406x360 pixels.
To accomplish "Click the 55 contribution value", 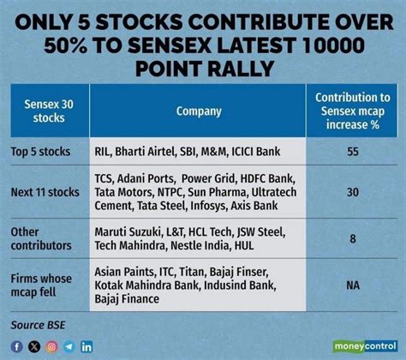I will tap(353, 151).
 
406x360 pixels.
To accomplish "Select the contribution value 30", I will tap(353, 194).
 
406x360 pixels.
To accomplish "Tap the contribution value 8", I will tap(353, 240).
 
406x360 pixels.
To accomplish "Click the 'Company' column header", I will tap(198, 111).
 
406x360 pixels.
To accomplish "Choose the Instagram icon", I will tap(51, 346).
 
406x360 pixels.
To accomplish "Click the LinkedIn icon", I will tap(87, 346).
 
